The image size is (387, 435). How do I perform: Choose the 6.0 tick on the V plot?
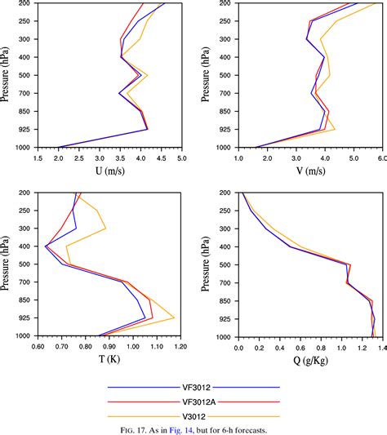click(380, 158)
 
